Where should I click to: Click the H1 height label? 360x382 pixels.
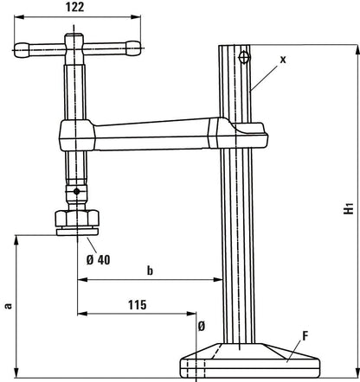point(348,208)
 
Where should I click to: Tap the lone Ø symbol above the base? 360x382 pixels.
point(201,326)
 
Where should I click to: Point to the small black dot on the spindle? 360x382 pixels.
point(77,191)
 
